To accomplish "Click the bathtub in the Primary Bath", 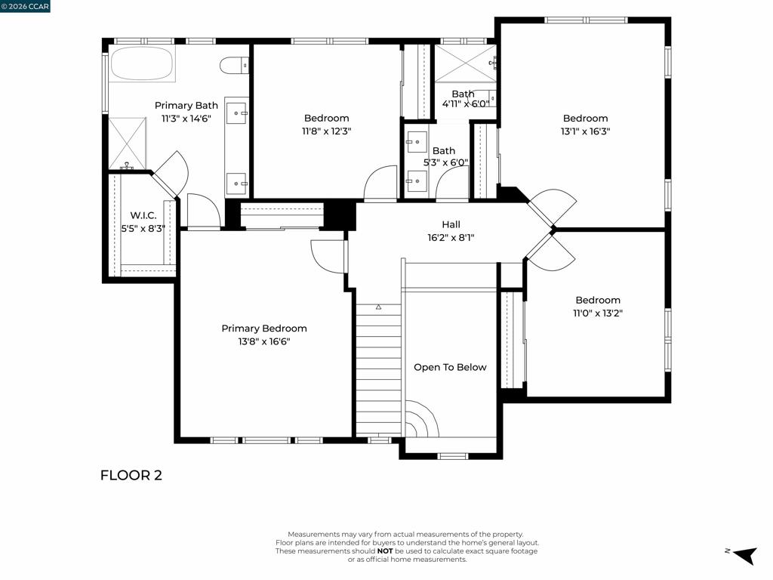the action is tap(142, 63).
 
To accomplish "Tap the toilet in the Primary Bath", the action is tap(234, 65).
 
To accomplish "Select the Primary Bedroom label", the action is tap(264, 329).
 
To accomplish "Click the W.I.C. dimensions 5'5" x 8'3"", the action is tap(143, 228).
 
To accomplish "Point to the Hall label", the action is tap(451, 224).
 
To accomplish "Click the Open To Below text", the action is tap(450, 368).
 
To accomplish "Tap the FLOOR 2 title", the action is tap(131, 476).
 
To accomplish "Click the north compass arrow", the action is tap(745, 555).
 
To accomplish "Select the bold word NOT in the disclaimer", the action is tap(385, 551).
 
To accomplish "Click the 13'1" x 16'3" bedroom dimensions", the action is tap(585, 131).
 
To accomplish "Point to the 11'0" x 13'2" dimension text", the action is tap(598, 313).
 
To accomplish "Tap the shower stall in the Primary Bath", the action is tap(128, 143).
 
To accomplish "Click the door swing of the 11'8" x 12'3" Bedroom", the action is tap(380, 183).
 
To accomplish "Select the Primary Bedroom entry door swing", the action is tap(328, 255).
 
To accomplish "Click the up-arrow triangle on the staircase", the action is tap(379, 307).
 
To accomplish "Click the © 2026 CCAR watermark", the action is tap(25, 6).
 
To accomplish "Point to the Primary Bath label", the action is tap(186, 106).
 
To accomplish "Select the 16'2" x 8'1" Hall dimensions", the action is tap(451, 238).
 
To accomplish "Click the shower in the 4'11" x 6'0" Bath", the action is tap(465, 63).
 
